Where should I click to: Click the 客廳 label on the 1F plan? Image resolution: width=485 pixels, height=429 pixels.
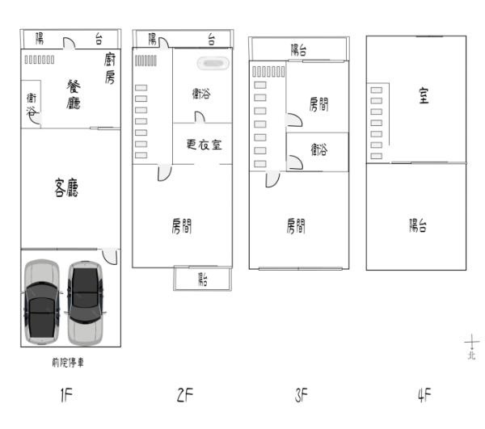coord(66,187)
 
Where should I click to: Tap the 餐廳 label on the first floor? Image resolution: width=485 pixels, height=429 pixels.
coord(74,95)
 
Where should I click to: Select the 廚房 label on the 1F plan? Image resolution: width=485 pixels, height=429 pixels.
coord(110,69)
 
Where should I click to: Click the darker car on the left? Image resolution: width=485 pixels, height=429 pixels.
coord(41,302)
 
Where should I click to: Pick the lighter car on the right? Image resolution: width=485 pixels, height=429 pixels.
coord(86,303)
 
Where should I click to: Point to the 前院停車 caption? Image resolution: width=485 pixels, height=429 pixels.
coord(68,362)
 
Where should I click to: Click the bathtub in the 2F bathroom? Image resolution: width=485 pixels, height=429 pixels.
coord(213,63)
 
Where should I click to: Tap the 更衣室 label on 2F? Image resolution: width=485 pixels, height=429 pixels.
coord(205,145)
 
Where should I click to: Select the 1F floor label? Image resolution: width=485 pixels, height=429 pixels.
coord(66,395)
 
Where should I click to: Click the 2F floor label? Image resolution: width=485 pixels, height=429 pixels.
coord(185,395)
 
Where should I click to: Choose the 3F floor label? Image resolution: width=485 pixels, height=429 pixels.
coord(301,395)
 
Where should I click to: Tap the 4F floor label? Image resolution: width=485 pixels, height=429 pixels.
coord(424,395)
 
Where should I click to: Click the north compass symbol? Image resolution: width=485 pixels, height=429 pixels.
coord(472,347)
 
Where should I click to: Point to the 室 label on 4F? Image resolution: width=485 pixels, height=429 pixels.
coord(424,95)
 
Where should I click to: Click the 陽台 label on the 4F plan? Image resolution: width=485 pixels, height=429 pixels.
coord(418,225)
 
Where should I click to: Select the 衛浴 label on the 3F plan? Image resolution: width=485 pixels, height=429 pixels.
coord(319,149)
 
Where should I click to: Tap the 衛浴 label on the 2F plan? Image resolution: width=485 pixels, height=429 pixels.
coord(201,94)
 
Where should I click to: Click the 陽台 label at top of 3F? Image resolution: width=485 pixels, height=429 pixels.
coord(298,50)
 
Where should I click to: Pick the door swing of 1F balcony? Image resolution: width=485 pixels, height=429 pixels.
coord(70,43)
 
